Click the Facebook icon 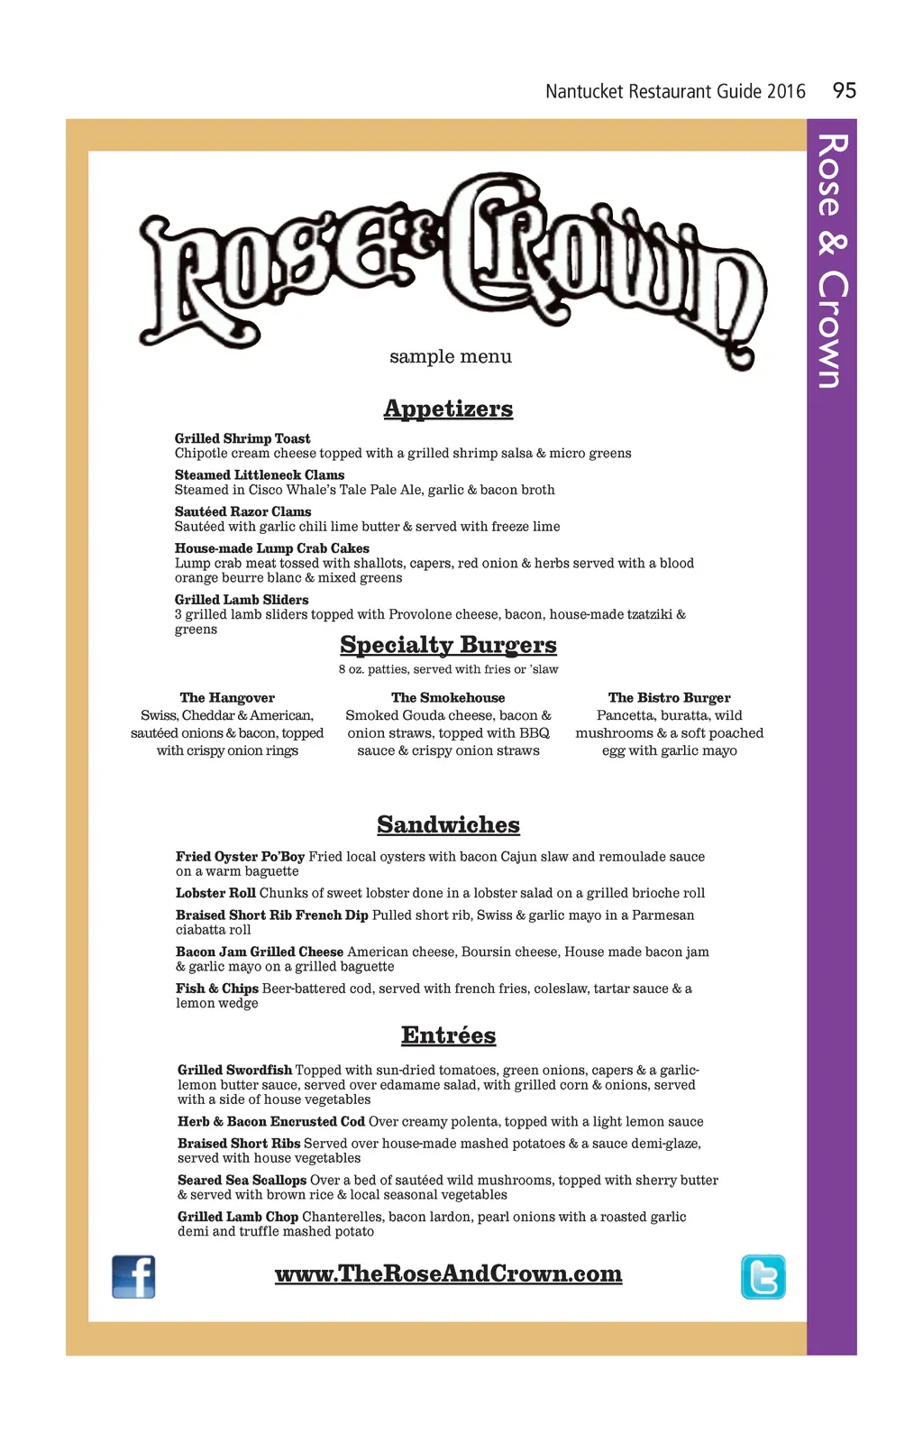(x=133, y=1276)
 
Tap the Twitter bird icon (x=763, y=1276)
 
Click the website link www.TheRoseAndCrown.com (x=448, y=1273)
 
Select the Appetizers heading (x=448, y=409)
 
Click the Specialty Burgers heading (x=448, y=645)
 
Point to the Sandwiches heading (x=448, y=824)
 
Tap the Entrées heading (x=448, y=1035)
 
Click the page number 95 (x=845, y=90)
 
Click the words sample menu (x=451, y=356)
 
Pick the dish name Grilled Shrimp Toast (x=242, y=438)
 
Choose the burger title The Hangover (x=227, y=697)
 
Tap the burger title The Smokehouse (x=448, y=697)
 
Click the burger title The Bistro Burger (x=669, y=697)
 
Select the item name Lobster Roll (x=215, y=893)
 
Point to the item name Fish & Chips (x=217, y=989)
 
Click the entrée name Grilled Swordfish (x=234, y=1070)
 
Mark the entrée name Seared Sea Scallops (x=242, y=1180)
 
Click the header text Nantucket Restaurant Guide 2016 (x=675, y=91)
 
